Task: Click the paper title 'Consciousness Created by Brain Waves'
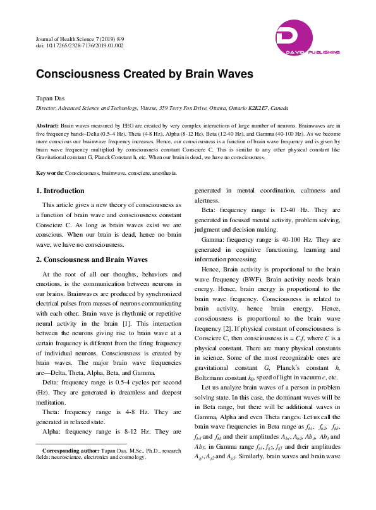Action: [x=144, y=74]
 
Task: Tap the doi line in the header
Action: [x=80, y=46]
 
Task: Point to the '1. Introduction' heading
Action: [x=60, y=191]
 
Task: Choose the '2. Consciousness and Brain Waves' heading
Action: [x=91, y=259]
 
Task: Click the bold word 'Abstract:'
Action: [x=48, y=126]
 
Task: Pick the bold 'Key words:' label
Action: [x=49, y=172]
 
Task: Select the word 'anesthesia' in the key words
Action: [x=163, y=172]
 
